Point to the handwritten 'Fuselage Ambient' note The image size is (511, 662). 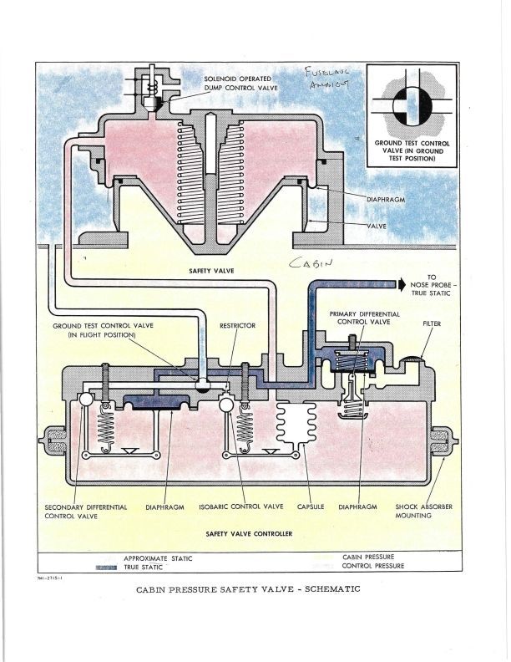pyautogui.click(x=329, y=79)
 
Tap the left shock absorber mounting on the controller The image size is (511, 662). pyautogui.click(x=54, y=438)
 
